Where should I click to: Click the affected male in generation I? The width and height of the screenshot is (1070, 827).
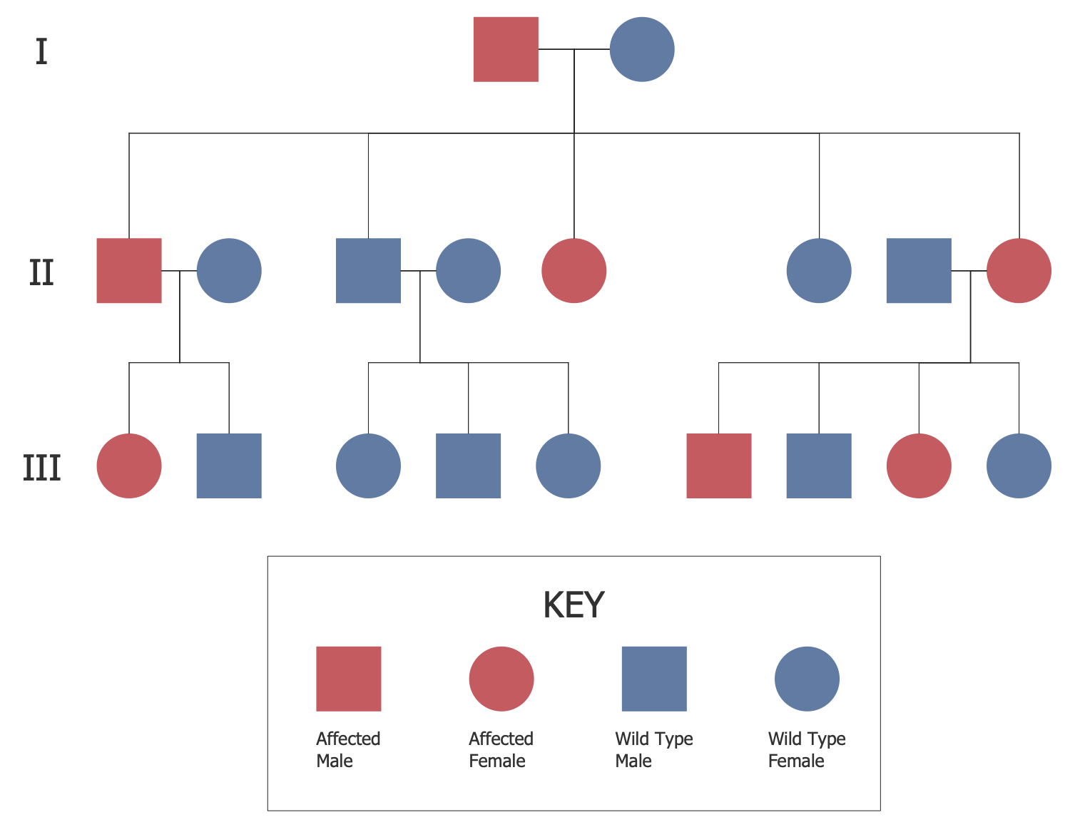pyautogui.click(x=506, y=49)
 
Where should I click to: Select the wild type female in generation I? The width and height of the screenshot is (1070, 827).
pyautogui.click(x=642, y=49)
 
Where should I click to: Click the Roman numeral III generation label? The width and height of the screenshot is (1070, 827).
pyautogui.click(x=41, y=468)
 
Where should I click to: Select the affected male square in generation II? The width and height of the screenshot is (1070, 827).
pyautogui.click(x=129, y=271)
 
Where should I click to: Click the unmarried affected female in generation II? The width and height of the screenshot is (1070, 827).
pyautogui.click(x=574, y=271)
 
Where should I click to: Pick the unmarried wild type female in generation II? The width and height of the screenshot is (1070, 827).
pyautogui.click(x=819, y=271)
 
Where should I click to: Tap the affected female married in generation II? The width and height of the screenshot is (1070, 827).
pyautogui.click(x=1019, y=271)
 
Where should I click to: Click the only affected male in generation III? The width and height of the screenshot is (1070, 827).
pyautogui.click(x=719, y=466)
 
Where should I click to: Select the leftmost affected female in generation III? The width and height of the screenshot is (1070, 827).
pyautogui.click(x=129, y=466)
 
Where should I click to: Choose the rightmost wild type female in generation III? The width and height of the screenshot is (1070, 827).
pyautogui.click(x=1019, y=466)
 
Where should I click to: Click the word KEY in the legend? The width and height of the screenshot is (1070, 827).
pyautogui.click(x=574, y=605)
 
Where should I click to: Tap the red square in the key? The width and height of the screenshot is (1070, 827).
pyautogui.click(x=349, y=679)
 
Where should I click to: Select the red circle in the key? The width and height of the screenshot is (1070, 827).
pyautogui.click(x=501, y=679)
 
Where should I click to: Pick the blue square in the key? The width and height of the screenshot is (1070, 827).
pyautogui.click(x=654, y=679)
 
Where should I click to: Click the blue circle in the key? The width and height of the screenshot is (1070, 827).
pyautogui.click(x=807, y=679)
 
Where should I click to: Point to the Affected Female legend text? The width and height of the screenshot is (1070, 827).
pyautogui.click(x=501, y=749)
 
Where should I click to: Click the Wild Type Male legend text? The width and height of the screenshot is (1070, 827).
pyautogui.click(x=653, y=749)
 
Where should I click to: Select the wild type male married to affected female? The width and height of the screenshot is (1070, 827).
pyautogui.click(x=919, y=271)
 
